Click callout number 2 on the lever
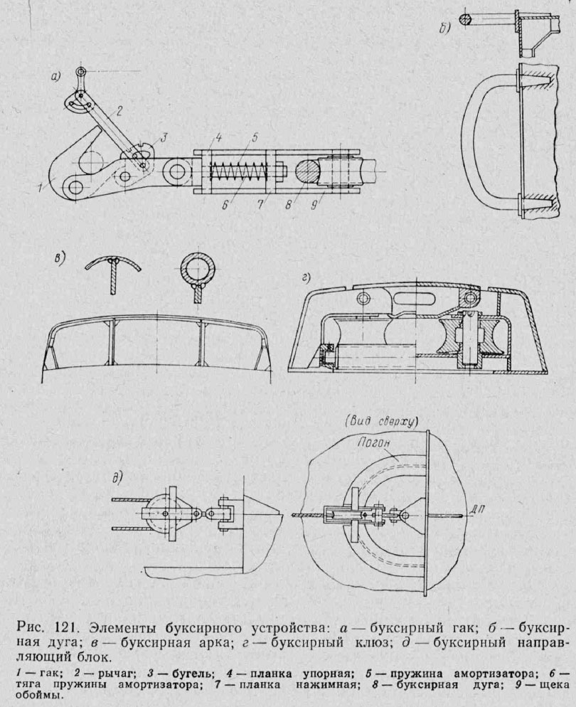click(120, 110)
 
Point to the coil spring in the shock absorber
click(235, 173)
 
